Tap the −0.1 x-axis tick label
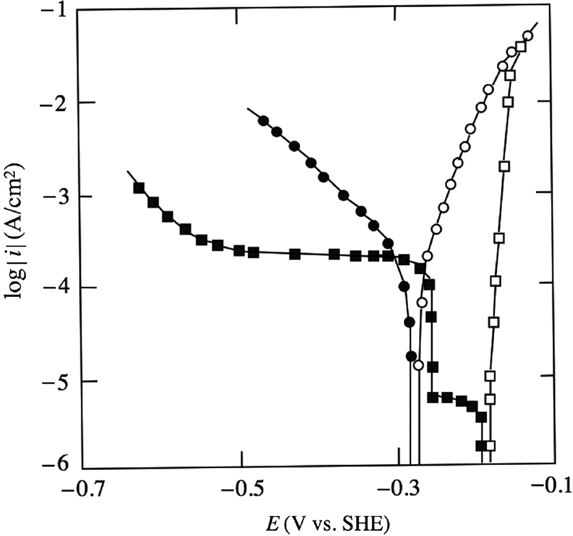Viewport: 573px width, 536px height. (x=555, y=489)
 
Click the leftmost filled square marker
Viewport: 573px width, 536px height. (x=138, y=188)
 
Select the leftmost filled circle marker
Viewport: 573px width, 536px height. (x=263, y=121)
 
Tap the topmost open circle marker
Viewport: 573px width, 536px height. (x=528, y=36)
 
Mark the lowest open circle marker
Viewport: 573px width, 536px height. (x=418, y=365)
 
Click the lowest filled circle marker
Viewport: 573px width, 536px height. (x=411, y=356)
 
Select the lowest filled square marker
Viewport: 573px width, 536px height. (x=481, y=445)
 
